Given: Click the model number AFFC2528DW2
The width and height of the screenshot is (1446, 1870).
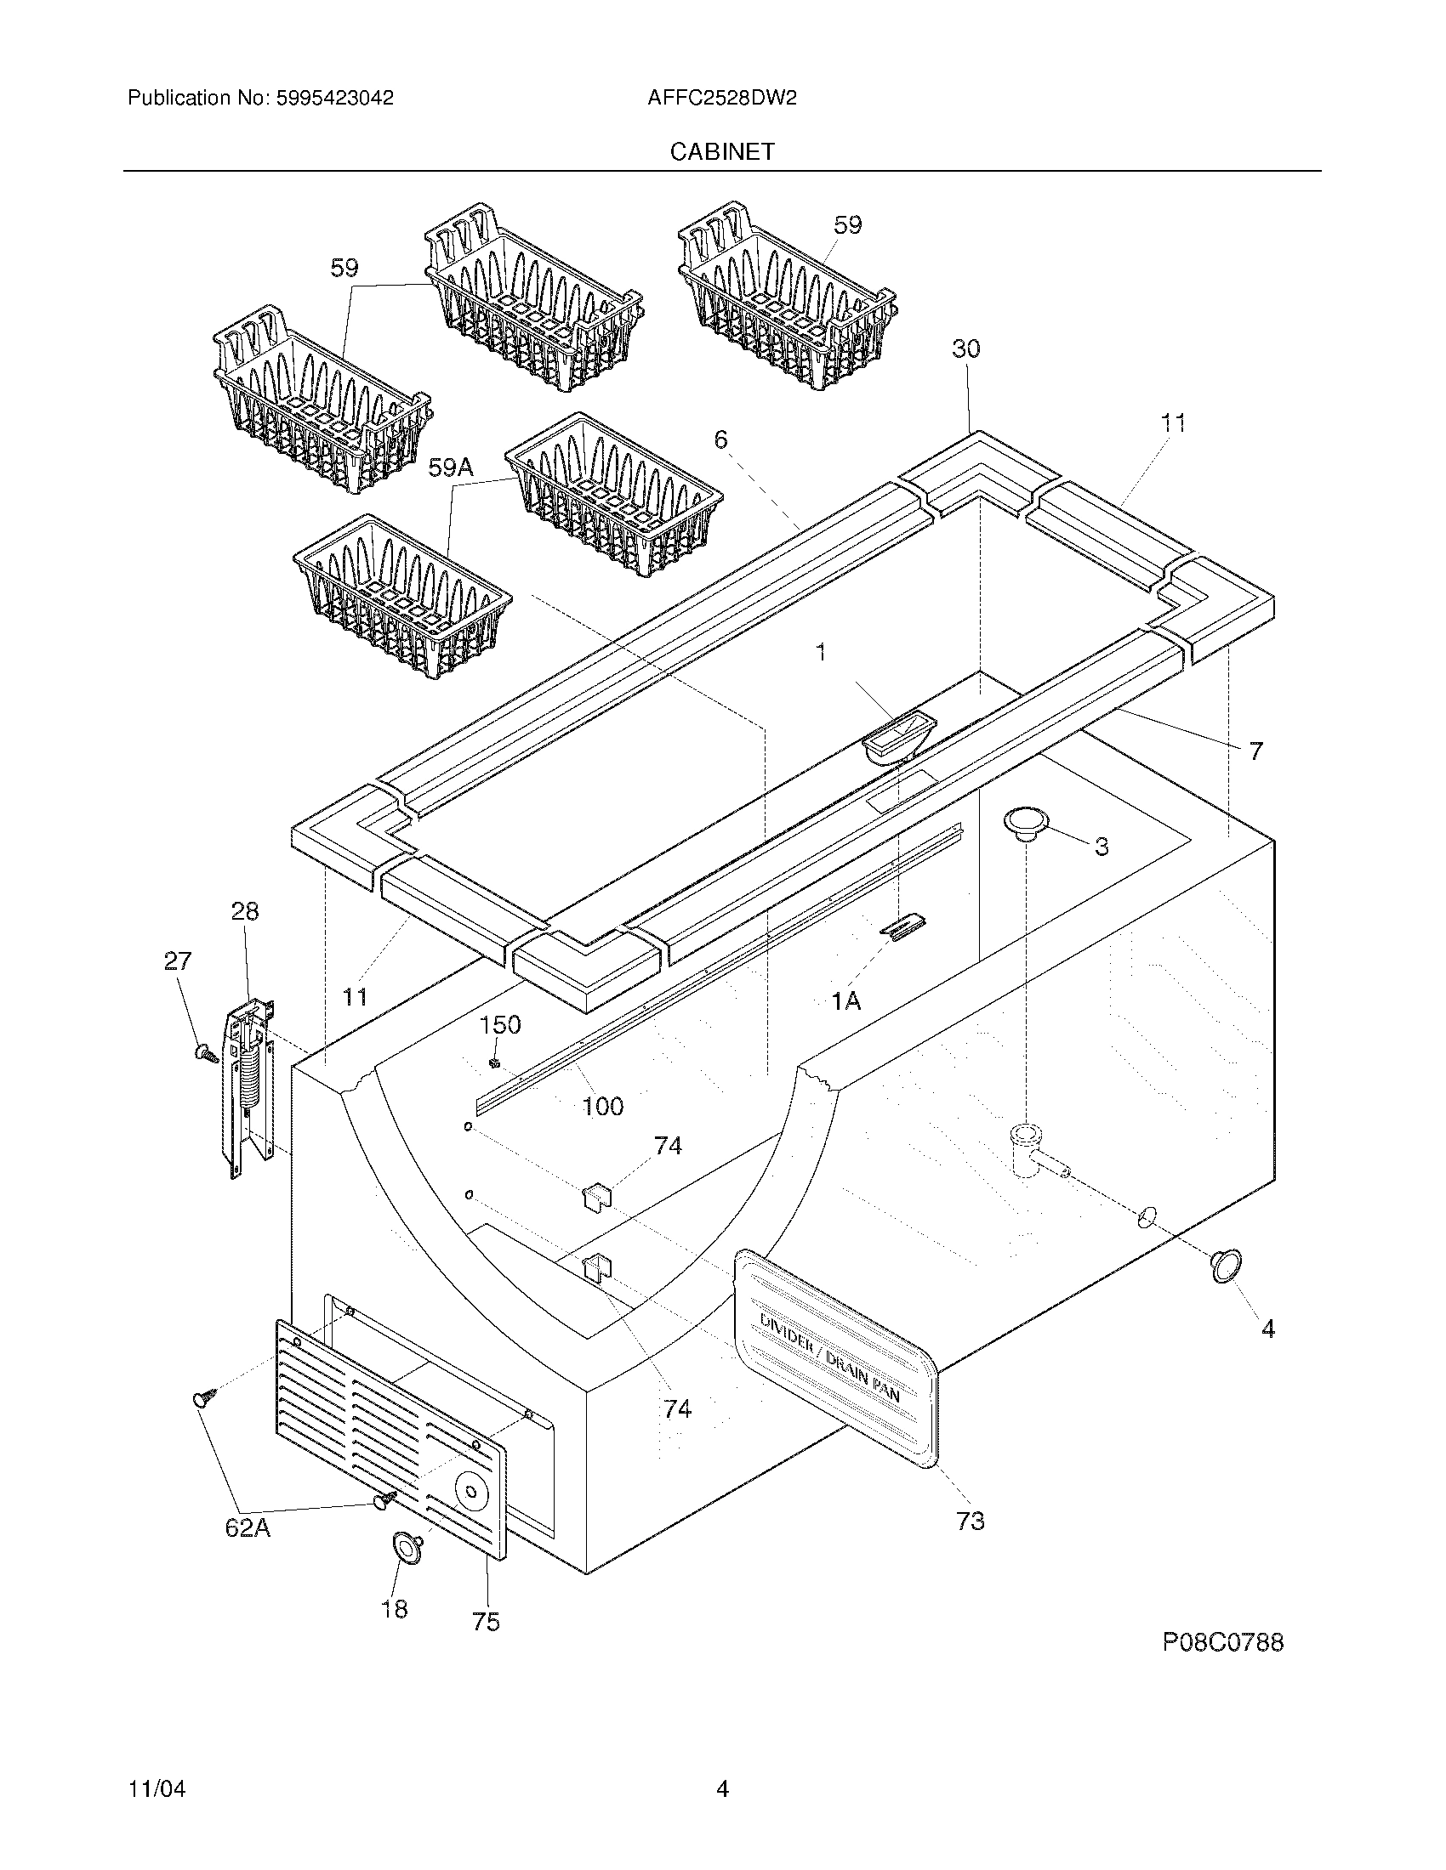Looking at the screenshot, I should pos(722,98).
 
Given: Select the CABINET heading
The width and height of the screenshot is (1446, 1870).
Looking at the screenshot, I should pos(722,151).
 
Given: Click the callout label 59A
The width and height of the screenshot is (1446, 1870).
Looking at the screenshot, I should pos(451,467).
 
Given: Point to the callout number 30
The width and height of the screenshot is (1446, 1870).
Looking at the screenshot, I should pos(965,348).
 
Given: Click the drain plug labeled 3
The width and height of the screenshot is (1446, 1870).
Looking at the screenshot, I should pos(1026,822).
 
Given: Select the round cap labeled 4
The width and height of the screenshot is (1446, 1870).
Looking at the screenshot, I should pos(1226,1266).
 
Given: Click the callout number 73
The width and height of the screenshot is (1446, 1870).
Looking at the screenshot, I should pos(970,1521).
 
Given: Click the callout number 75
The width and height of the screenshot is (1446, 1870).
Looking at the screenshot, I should pos(486,1622).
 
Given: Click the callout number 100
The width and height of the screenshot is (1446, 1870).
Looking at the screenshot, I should pos(602,1106).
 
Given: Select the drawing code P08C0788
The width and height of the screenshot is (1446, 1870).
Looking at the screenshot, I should pos(1222,1642).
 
